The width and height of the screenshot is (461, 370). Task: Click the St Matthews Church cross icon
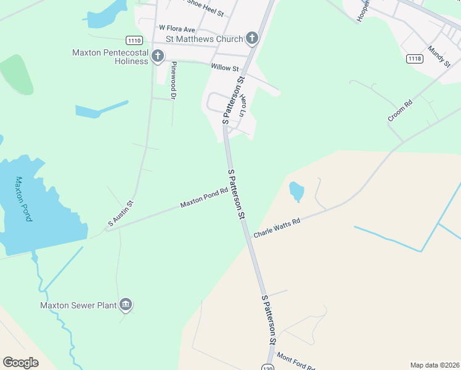(x=251, y=39)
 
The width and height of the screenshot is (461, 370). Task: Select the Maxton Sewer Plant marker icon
(x=126, y=304)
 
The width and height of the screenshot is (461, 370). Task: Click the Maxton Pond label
(x=23, y=199)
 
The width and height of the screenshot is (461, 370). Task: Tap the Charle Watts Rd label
(x=277, y=228)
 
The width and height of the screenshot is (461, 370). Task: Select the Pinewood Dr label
(x=174, y=81)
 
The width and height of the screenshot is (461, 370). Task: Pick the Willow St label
(x=224, y=67)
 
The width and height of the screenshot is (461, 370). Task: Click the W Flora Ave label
(x=177, y=28)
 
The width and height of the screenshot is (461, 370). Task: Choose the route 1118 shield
(x=414, y=59)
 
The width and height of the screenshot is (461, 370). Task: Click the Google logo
(x=20, y=362)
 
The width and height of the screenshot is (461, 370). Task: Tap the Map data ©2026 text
(x=434, y=364)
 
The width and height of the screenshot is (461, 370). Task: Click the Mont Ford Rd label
(x=296, y=361)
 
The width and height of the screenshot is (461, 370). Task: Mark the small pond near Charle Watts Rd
(x=296, y=191)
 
